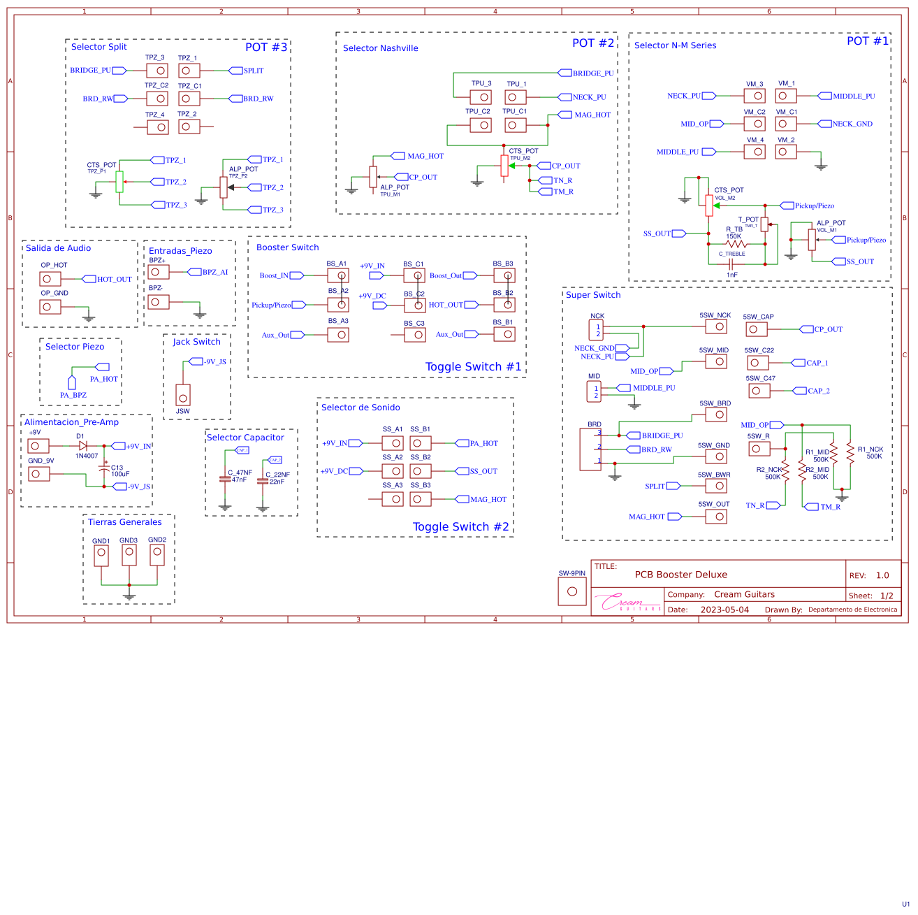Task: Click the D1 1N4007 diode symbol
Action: point(83,446)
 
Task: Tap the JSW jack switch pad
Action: point(183,394)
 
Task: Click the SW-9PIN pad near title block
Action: point(572,591)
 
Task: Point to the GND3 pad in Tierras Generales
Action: point(129,555)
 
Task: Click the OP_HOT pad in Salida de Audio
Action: point(50,279)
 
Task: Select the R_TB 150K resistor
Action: point(736,245)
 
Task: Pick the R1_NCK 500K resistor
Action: point(850,453)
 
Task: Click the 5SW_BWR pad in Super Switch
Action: point(716,486)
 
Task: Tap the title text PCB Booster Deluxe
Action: point(680,575)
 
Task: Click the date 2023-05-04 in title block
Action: point(724,610)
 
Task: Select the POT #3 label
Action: point(266,48)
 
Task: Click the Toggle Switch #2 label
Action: point(460,527)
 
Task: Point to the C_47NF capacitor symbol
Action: point(225,479)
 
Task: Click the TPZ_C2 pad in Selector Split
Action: point(157,99)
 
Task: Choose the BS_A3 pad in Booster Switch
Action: point(338,335)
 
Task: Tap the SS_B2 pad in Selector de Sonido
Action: point(421,471)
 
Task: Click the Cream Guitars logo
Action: point(627,602)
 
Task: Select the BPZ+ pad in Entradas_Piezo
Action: point(159,272)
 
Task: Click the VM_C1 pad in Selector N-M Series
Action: point(786,124)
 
